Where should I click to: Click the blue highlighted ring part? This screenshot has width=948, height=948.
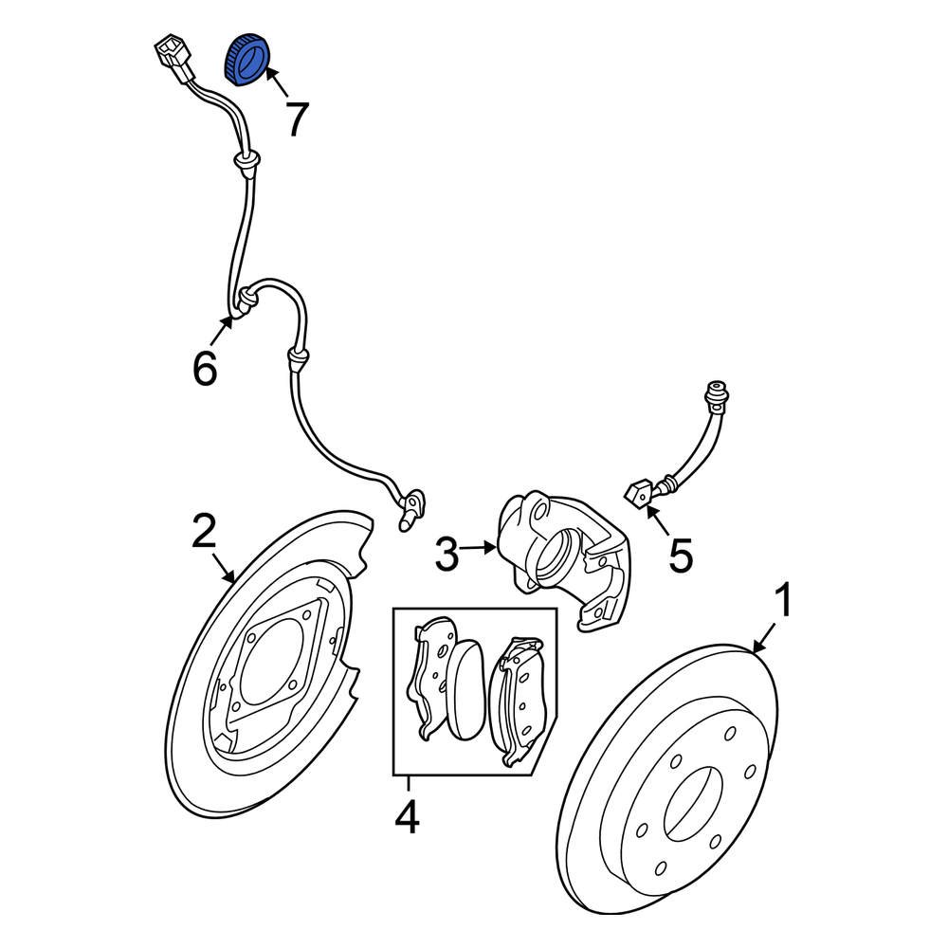pos(246,60)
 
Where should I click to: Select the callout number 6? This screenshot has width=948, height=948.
pos(205,367)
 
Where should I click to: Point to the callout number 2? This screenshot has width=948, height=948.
pos(205,532)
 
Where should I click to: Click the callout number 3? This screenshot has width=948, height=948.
pos(447,554)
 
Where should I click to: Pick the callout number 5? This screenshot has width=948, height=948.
pos(681,555)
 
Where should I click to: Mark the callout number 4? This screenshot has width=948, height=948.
pos(407,817)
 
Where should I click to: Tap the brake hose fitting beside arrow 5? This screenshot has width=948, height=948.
pos(638,493)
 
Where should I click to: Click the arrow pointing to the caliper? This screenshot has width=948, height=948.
pos(480,546)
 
